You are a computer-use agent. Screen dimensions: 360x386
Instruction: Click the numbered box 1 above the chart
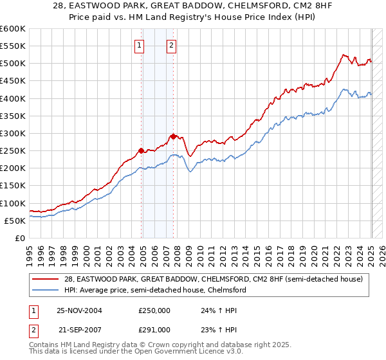140,45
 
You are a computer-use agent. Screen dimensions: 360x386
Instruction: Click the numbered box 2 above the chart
172,45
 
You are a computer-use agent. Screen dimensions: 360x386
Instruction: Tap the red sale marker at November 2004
142,150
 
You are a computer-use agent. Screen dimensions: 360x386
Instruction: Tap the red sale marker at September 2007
174,136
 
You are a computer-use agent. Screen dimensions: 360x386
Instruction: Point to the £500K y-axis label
13,64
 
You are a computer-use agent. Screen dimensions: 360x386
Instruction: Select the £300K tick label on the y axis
13,133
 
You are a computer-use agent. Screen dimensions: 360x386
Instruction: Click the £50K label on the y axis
15,221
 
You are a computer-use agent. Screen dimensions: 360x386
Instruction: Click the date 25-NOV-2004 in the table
79,310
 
